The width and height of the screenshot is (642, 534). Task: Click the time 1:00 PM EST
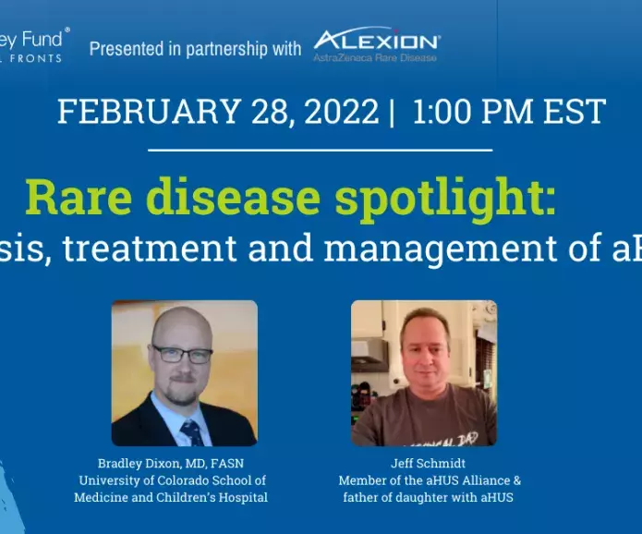click(x=509, y=112)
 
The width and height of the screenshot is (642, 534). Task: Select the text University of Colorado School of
click(x=172, y=480)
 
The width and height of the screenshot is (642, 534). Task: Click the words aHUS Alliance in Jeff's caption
click(x=459, y=480)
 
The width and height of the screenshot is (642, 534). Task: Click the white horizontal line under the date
click(x=320, y=150)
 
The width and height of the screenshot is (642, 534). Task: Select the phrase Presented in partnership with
click(x=195, y=49)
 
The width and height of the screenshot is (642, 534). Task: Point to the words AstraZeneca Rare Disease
click(x=374, y=57)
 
